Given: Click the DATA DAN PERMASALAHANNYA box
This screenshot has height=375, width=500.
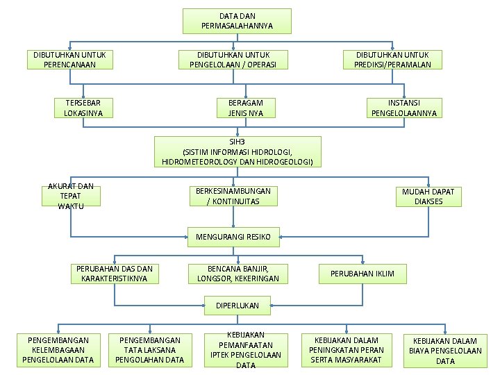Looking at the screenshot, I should [x=237, y=21].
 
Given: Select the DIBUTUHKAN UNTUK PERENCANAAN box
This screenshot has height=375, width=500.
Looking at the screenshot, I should [x=71, y=60].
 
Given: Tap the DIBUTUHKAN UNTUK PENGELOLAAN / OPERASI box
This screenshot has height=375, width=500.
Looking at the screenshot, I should [x=233, y=60].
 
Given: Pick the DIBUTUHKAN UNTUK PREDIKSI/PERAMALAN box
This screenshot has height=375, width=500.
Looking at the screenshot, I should [x=392, y=60].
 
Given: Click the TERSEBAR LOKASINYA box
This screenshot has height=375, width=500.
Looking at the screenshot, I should [x=83, y=108].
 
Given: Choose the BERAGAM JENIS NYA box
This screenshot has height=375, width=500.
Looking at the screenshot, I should [x=246, y=108].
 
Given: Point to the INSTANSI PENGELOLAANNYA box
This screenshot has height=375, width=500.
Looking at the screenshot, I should [x=404, y=108].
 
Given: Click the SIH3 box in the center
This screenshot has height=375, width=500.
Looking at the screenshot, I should [x=237, y=151].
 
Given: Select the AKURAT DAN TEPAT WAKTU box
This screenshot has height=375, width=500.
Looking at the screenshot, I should [x=71, y=197].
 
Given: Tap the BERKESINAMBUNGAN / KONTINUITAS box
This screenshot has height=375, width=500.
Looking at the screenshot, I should [x=233, y=196].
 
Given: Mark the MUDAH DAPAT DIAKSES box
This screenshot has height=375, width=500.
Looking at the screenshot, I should [x=428, y=197].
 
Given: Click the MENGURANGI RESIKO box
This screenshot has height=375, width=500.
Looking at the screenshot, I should [x=233, y=237].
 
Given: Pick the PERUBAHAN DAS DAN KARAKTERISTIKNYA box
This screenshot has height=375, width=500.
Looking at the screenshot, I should [x=115, y=274].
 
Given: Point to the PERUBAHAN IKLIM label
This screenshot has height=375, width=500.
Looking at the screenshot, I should [x=362, y=274].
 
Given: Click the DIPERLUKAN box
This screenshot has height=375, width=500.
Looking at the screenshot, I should [x=237, y=305].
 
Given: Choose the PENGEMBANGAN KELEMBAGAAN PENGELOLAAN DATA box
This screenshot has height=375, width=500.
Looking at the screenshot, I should [x=58, y=350].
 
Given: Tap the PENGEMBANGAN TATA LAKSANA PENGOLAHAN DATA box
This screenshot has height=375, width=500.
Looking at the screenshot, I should [x=149, y=350].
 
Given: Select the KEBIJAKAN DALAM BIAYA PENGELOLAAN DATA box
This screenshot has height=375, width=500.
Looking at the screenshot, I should [x=445, y=351].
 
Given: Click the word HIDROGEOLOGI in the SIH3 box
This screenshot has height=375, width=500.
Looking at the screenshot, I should [x=285, y=162].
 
